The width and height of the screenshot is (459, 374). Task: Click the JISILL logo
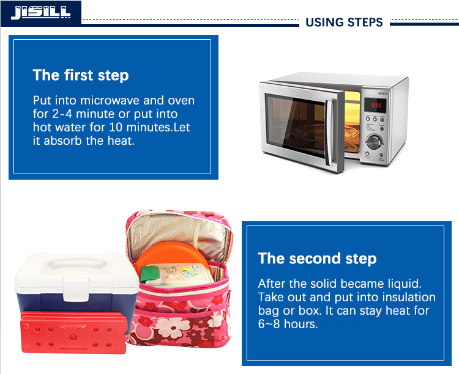coord(40,13)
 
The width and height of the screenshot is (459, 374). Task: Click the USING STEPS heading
coord(344,22)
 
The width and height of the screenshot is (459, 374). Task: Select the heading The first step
coord(81,75)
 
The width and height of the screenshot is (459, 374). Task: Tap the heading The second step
coord(317,258)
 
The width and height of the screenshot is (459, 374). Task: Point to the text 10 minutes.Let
coord(149,127)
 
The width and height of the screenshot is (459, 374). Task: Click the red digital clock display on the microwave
coord(375,105)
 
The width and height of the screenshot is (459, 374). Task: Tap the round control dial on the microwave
coord(374,143)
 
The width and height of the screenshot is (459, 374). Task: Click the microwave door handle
coord(329,133)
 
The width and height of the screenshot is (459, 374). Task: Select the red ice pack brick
coord(73,332)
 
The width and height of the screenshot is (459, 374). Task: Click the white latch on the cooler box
coord(76,290)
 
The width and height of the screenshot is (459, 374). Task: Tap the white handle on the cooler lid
coord(77,265)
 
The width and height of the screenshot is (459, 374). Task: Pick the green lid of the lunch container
coord(149,274)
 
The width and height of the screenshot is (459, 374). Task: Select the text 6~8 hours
coord(288,324)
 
